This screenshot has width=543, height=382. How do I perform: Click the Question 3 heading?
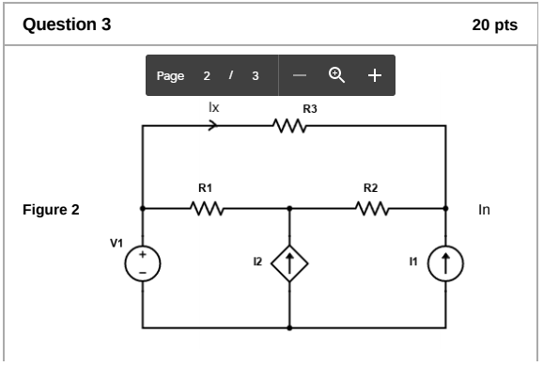point(66,24)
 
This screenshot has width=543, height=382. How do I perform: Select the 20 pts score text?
point(494,25)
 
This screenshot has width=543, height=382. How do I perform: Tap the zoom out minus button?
point(299,75)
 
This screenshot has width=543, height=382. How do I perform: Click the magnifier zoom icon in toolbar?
point(335,75)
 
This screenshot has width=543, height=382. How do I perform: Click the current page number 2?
point(207,76)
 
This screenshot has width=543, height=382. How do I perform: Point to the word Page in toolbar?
point(170,76)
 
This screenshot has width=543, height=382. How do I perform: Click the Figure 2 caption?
point(51,210)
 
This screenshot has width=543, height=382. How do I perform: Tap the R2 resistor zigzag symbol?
point(371,208)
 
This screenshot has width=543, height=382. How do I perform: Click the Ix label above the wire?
point(213,108)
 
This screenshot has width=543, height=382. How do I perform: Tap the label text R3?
point(310,109)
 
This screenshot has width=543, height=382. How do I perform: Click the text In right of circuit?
point(484,210)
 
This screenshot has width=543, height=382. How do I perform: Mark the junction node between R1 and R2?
point(289,208)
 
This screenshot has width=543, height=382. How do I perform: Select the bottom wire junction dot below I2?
point(289,327)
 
